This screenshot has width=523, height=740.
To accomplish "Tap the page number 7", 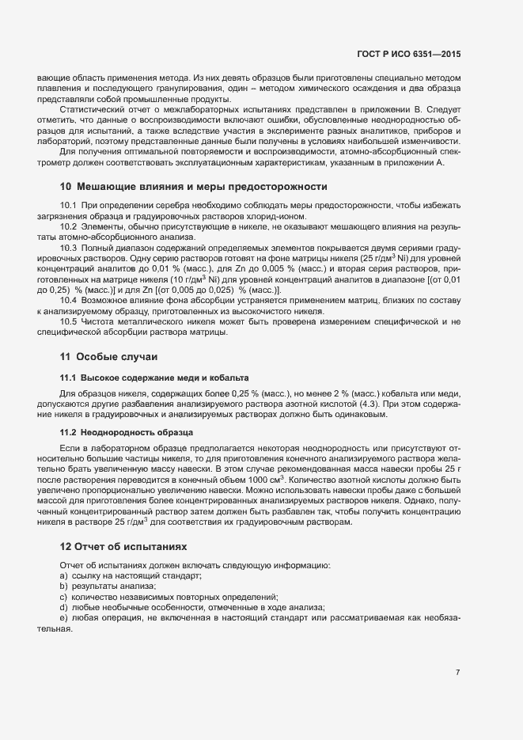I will click(457, 673).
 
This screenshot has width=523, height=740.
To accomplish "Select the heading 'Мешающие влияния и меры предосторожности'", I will click(193, 187).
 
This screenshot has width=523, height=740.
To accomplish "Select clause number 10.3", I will click(69, 248).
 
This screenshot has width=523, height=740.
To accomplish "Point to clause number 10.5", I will click(69, 321).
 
